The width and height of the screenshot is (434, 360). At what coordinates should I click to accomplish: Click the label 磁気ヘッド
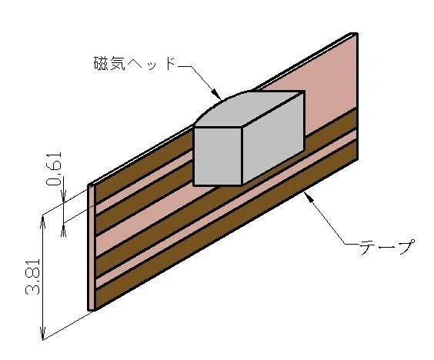click(135, 63)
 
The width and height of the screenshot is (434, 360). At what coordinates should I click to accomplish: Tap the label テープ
click(387, 247)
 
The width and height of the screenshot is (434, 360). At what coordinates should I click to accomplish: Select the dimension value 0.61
click(54, 169)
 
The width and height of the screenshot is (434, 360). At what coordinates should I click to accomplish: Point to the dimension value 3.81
click(32, 277)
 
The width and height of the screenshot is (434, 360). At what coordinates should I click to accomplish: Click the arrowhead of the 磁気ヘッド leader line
click(217, 95)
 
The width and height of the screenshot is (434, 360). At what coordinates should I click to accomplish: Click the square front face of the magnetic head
click(218, 156)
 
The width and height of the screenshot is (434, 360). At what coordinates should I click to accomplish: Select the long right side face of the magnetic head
click(273, 138)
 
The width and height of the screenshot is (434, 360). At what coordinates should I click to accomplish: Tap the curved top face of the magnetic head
click(246, 109)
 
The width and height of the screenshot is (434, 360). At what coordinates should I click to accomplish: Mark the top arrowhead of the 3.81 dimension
click(43, 222)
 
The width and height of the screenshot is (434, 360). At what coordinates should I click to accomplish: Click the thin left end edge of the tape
click(92, 247)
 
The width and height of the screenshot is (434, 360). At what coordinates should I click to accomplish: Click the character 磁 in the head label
click(102, 63)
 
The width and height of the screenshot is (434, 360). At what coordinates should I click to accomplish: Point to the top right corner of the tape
click(357, 33)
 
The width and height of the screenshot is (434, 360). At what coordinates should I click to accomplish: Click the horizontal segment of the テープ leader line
click(352, 244)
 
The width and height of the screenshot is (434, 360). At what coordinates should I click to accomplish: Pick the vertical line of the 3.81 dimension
click(43, 278)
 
